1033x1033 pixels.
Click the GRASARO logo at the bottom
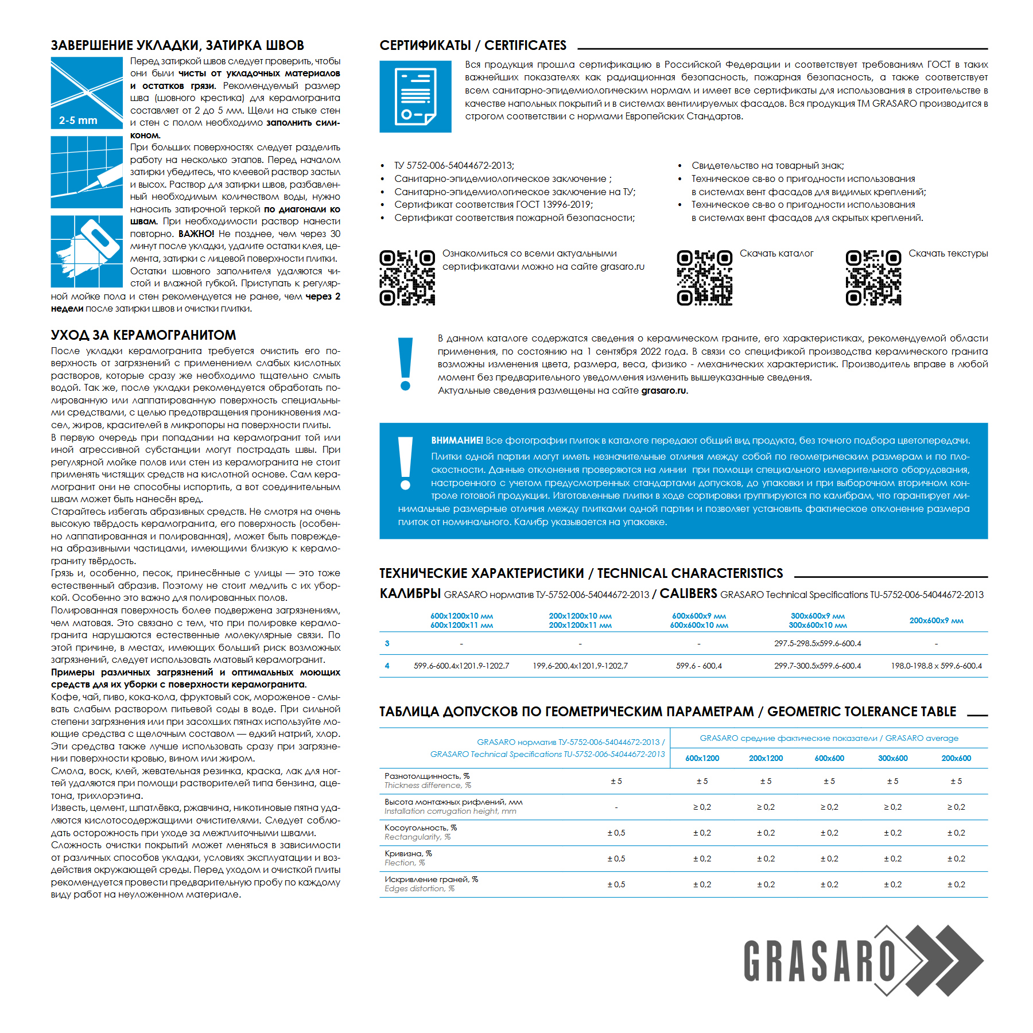pyautogui.click(x=863, y=961)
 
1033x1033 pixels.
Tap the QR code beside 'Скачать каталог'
pyautogui.click(x=704, y=278)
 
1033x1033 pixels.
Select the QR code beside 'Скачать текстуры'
pyautogui.click(x=873, y=278)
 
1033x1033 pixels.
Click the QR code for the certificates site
pyautogui.click(x=407, y=278)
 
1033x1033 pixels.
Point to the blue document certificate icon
pyautogui.click(x=415, y=96)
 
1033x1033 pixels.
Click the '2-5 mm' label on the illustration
pyautogui.click(x=78, y=121)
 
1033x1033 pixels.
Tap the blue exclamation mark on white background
pyautogui.click(x=405, y=364)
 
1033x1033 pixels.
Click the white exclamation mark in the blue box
pyautogui.click(x=405, y=463)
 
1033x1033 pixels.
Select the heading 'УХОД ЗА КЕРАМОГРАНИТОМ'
pyautogui.click(x=143, y=335)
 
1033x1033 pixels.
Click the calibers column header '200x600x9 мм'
pyautogui.click(x=936, y=620)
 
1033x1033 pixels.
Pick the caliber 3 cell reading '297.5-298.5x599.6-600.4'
pyautogui.click(x=817, y=643)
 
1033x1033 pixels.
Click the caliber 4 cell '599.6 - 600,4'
pyautogui.click(x=698, y=666)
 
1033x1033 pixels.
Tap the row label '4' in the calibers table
pyautogui.click(x=387, y=666)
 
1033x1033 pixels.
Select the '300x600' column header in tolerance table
pyautogui.click(x=892, y=758)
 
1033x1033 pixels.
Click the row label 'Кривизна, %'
pyautogui.click(x=408, y=853)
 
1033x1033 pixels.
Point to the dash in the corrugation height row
pyautogui.click(x=616, y=807)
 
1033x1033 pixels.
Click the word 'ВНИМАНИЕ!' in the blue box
pyautogui.click(x=457, y=441)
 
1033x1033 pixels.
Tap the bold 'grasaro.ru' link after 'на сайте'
pyautogui.click(x=663, y=391)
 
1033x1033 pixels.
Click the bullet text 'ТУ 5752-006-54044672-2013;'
pyautogui.click(x=454, y=165)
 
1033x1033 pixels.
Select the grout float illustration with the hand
pyautogui.click(x=87, y=251)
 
